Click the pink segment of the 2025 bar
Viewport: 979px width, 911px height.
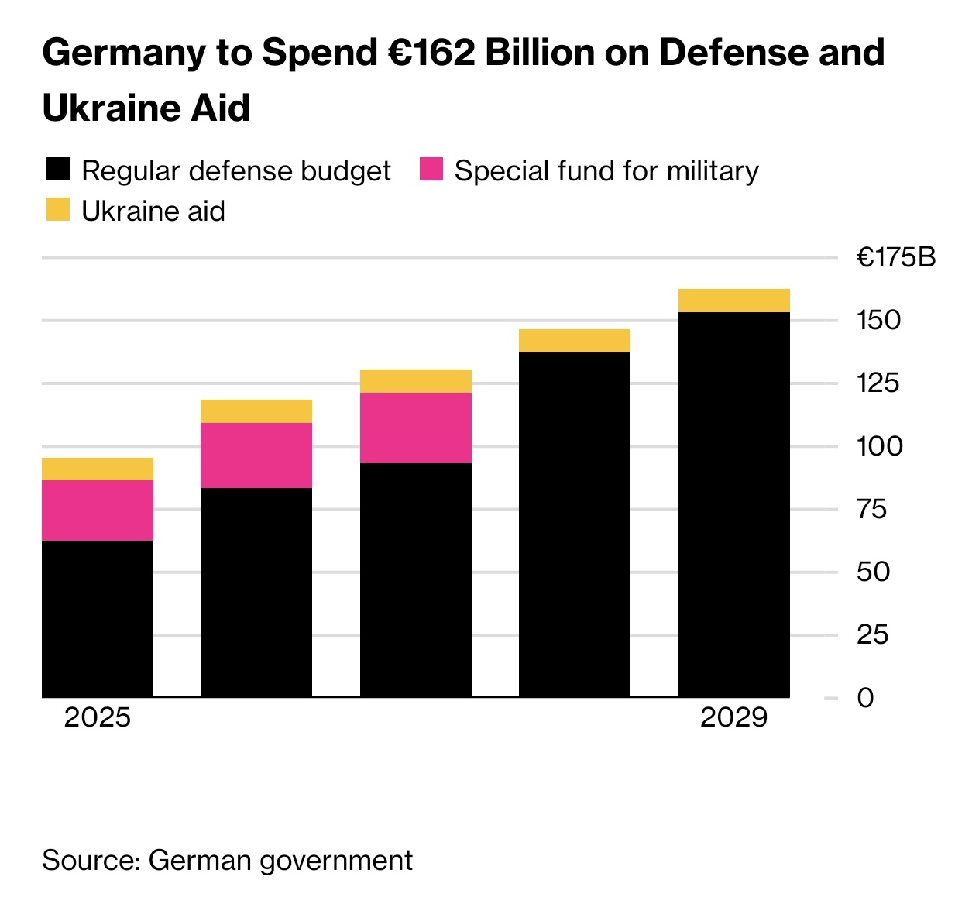(98, 510)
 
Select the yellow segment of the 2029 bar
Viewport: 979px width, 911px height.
(733, 301)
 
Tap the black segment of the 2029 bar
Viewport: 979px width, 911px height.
(733, 504)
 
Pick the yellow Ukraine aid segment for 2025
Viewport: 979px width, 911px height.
(98, 469)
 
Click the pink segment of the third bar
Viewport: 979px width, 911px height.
(416, 428)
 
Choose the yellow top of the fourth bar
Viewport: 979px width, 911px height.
(575, 341)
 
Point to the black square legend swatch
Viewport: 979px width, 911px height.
(58, 170)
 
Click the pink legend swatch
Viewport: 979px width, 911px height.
(431, 170)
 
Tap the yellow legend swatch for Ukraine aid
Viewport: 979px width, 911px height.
(58, 210)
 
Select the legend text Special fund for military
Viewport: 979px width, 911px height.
(606, 171)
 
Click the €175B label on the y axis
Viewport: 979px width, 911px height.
(896, 257)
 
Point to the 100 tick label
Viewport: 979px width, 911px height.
(879, 446)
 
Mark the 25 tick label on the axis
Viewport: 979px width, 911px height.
(873, 635)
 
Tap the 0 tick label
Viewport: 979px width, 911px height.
(865, 698)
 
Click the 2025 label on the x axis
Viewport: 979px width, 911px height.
(98, 717)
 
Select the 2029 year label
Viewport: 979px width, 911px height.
(733, 717)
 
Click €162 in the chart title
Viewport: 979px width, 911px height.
(431, 53)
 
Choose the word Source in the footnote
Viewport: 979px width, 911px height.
(89, 861)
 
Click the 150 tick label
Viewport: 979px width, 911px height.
(879, 320)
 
